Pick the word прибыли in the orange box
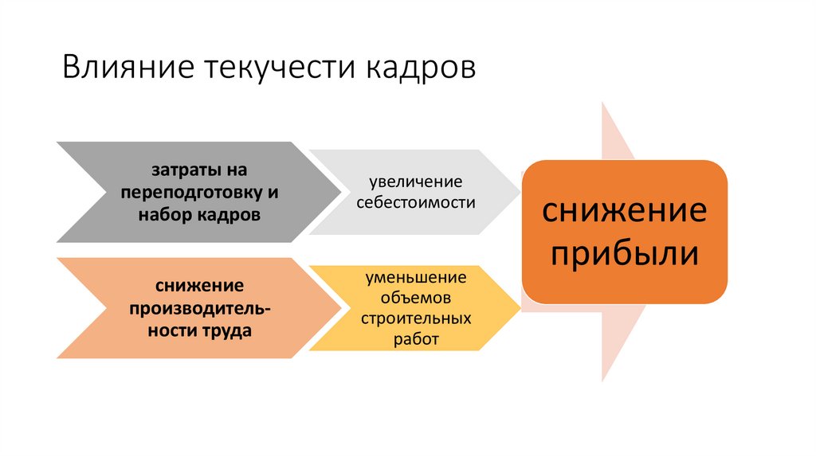click(625, 254)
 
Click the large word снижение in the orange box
click(625, 211)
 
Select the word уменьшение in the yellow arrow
click(415, 278)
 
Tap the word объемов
click(415, 298)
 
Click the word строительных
click(415, 318)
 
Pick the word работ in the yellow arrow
click(415, 339)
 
